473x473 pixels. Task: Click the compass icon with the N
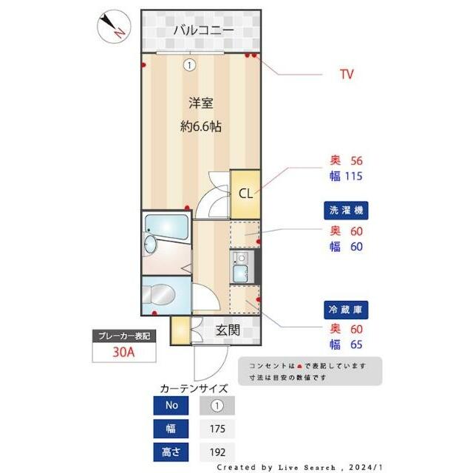point(114,25)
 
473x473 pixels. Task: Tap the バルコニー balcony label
point(203,30)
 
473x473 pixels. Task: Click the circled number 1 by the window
point(190,65)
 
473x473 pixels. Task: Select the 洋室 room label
point(200,103)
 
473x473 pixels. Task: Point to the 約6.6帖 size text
point(201,126)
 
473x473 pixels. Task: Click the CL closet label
point(245,193)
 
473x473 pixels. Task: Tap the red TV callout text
point(346,75)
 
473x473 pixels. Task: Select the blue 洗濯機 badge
point(347,211)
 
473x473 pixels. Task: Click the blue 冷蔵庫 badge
point(347,309)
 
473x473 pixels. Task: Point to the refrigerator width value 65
point(356,344)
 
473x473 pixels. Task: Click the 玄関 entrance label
point(227,330)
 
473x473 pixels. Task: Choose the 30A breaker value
point(124,352)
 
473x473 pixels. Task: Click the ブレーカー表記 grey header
point(124,336)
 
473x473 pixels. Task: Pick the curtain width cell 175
point(217,429)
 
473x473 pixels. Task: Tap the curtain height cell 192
point(217,452)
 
